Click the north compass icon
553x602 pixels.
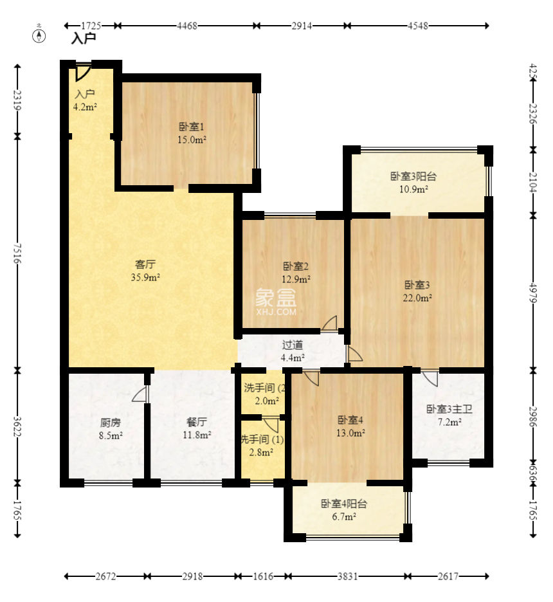(39, 35)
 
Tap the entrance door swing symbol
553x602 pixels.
(83, 73)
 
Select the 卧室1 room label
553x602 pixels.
(192, 127)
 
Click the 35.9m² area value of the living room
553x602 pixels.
(145, 277)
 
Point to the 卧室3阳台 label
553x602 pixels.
(413, 176)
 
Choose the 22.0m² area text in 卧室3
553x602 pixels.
(417, 298)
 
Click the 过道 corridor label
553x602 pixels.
(293, 345)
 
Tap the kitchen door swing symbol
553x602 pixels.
(140, 394)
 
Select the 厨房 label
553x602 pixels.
(111, 423)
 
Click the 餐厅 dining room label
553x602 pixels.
(197, 422)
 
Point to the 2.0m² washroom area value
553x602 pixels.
(267, 401)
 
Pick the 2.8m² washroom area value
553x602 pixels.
(261, 452)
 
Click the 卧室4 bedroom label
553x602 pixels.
(350, 420)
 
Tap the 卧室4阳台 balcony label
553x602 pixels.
(344, 504)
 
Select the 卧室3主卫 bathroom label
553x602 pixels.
(449, 409)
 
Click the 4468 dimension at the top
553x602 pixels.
(187, 26)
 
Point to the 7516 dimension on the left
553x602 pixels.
(17, 253)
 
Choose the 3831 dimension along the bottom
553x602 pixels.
(348, 576)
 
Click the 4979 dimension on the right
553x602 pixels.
(532, 293)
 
